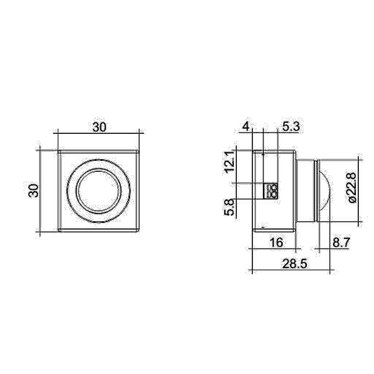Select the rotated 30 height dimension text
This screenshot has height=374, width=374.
point(33,191)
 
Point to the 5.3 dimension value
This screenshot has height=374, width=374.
point(290,126)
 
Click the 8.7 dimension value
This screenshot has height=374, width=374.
point(340,241)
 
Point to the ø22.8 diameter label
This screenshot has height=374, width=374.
point(351,188)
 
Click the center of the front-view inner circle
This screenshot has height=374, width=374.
point(98,191)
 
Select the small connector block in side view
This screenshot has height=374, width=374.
point(272,191)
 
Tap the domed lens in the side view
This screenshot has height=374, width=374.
point(326,191)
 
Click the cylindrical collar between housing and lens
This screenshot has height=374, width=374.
point(305,191)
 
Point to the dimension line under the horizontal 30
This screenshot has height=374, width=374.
point(98,134)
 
